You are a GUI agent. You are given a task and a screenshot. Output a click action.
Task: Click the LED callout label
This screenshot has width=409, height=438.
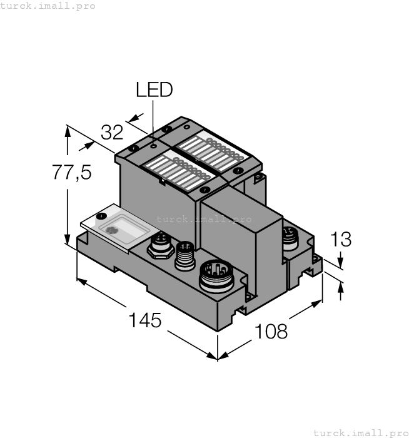[x=154, y=90]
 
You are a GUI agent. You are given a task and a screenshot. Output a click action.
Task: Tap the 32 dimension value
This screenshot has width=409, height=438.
[x=112, y=133]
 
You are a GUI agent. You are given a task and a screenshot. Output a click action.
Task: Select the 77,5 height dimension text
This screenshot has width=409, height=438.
[x=71, y=172]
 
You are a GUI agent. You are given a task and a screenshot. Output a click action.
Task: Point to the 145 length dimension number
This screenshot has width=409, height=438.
[x=145, y=320]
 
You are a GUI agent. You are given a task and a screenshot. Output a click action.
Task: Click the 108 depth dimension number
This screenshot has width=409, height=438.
[x=271, y=330]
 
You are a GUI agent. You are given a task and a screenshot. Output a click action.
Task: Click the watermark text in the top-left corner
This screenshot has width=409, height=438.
[x=48, y=6]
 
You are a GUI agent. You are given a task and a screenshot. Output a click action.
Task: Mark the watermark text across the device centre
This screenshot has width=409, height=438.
[x=204, y=219]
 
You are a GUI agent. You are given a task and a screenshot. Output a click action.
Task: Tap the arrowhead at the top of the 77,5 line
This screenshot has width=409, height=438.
[x=67, y=130]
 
